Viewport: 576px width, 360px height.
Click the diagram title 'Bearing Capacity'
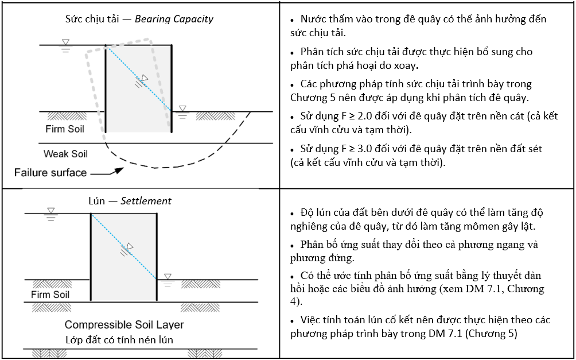tap(174, 19)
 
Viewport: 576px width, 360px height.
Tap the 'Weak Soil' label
tap(66, 154)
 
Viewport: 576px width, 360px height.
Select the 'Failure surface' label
tap(50, 172)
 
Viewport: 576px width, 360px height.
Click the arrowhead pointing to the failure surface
tap(118, 171)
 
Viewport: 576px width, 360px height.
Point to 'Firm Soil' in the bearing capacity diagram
tap(65, 129)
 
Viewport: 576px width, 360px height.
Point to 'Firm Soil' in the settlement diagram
tap(50, 295)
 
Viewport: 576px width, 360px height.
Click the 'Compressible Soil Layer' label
tap(124, 325)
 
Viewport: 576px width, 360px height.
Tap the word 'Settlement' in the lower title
tap(146, 201)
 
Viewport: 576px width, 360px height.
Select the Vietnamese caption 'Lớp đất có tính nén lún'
tap(119, 340)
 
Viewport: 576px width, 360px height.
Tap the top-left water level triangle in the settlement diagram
tap(51, 211)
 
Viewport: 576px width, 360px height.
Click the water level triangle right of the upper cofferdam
tap(182, 109)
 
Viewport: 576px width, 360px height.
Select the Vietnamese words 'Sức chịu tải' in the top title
tap(92, 19)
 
